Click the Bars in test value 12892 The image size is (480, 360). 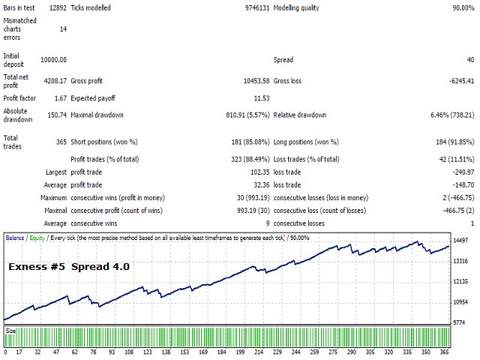coord(56,7)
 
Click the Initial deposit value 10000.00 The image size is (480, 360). coord(52,59)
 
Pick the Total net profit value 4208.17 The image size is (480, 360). coord(55,77)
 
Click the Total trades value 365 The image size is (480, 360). coord(61,138)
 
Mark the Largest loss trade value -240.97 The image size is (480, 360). coord(459,172)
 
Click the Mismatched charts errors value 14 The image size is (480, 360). coord(62,28)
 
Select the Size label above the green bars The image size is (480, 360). coord(11,329)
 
